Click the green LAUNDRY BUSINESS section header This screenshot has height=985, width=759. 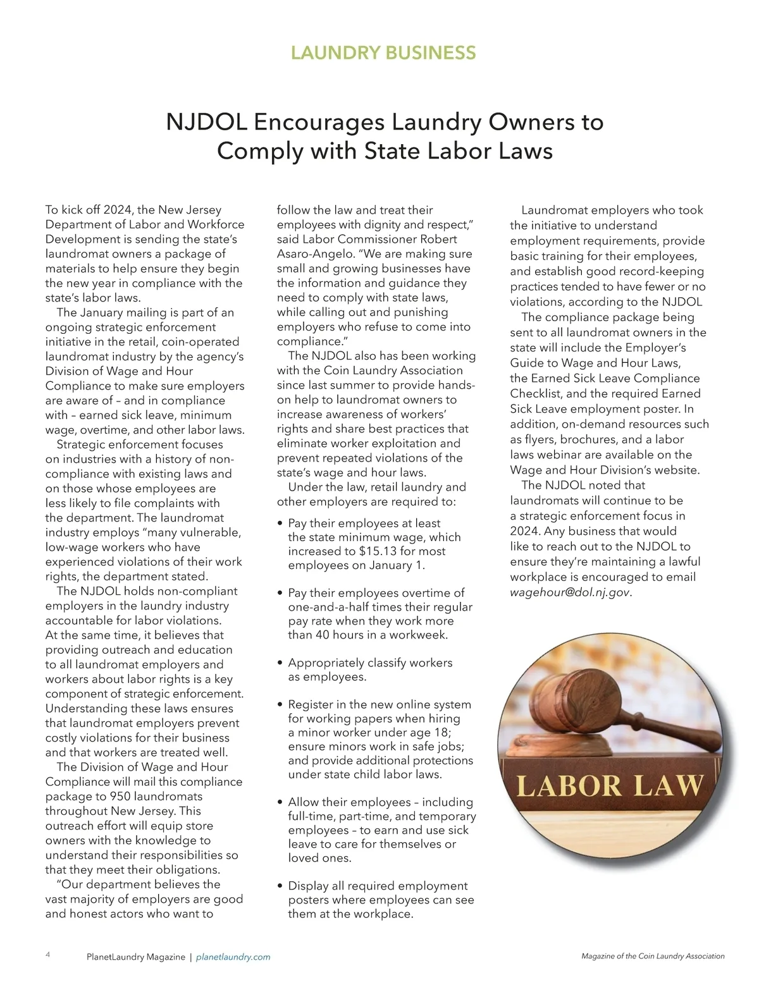pyautogui.click(x=383, y=52)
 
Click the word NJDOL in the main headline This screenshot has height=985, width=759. pyautogui.click(x=206, y=121)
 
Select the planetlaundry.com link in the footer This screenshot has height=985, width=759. pyautogui.click(x=233, y=957)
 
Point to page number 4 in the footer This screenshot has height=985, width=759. pyautogui.click(x=48, y=955)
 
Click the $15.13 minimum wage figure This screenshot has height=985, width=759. pyautogui.click(x=379, y=551)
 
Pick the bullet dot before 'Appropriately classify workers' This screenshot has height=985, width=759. pyautogui.click(x=280, y=664)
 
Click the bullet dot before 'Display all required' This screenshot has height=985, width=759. pyautogui.click(x=280, y=887)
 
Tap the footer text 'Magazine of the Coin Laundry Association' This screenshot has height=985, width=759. pyautogui.click(x=653, y=956)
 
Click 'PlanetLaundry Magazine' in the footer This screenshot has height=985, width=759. pyautogui.click(x=135, y=957)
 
